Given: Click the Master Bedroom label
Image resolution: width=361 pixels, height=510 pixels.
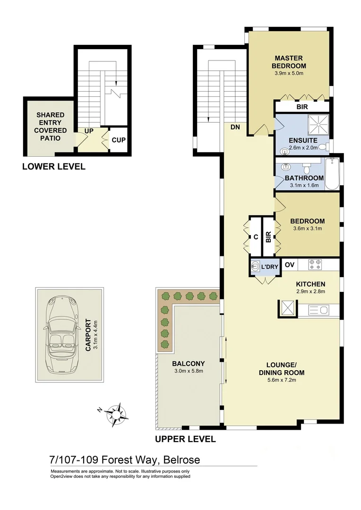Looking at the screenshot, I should [288, 62].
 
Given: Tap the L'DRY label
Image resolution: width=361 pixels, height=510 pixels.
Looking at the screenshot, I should [269, 267].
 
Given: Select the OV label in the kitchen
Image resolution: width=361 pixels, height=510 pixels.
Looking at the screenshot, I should [290, 264].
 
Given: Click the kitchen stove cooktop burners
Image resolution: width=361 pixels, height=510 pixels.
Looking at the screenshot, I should [315, 264].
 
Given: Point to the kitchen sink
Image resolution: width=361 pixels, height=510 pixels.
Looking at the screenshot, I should [320, 310].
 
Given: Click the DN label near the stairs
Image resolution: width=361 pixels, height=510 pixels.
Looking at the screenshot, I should [235, 127].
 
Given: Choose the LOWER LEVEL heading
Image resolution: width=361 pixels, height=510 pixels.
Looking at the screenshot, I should [54, 166].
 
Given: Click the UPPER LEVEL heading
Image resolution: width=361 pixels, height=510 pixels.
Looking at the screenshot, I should [185, 439].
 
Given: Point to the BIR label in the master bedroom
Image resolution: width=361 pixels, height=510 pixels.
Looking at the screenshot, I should [302, 107].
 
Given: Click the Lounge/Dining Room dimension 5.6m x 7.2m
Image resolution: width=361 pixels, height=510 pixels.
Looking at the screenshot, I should [281, 381].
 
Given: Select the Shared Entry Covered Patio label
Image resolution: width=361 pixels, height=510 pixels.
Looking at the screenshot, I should [51, 127].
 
